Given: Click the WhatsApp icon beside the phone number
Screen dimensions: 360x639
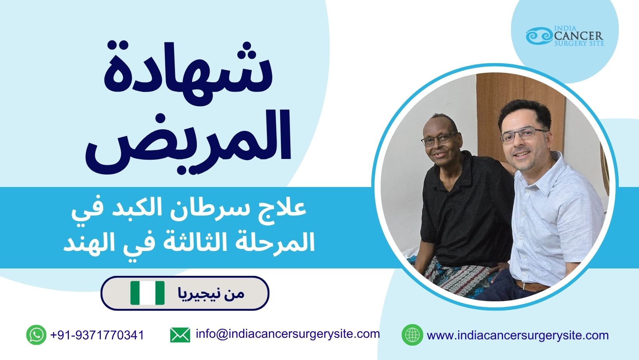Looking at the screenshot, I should (36, 335).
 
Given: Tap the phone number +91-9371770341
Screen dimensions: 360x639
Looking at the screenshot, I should (97, 335).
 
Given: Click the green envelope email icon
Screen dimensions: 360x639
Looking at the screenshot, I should (180, 335).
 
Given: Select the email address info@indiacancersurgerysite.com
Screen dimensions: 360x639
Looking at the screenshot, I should (288, 334).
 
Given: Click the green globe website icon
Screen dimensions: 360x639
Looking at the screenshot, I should (412, 335).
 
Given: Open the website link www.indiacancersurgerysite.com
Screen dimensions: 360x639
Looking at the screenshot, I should (518, 335).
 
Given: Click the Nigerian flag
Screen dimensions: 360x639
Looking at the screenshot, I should (147, 293).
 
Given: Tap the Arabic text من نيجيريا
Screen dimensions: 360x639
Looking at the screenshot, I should (211, 293).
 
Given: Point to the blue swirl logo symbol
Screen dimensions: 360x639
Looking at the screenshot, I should (539, 36).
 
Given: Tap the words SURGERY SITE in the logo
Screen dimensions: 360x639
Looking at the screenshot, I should (579, 44).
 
